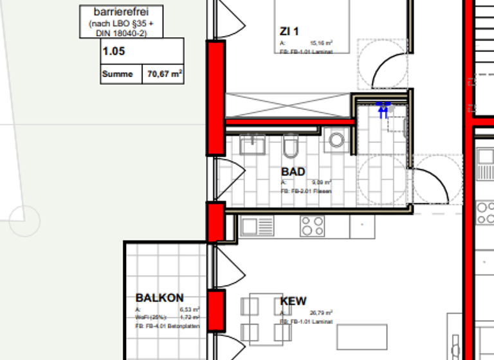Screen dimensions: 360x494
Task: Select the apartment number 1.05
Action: [x=113, y=51]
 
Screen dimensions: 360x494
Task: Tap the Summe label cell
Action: [x=117, y=74]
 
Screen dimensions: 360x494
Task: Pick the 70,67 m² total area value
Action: [x=165, y=74]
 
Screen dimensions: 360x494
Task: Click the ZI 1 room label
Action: [x=289, y=31]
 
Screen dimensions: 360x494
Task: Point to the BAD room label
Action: [x=293, y=172]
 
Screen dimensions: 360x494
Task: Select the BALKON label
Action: [x=160, y=298]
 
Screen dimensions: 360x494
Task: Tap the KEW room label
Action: [x=293, y=301]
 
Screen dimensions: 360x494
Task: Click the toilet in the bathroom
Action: [x=289, y=146]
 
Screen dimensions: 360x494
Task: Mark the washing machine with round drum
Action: [x=335, y=140]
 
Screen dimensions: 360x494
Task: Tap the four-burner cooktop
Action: [x=312, y=226]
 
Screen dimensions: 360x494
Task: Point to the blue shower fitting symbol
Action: [x=384, y=109]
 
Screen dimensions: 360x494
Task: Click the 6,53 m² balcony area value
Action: [x=192, y=310]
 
